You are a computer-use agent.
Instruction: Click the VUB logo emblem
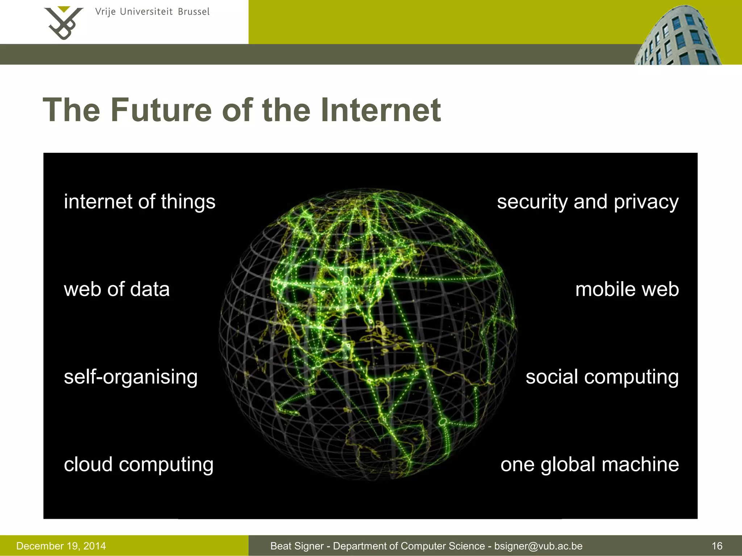(63, 22)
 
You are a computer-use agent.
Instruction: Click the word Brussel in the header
(193, 12)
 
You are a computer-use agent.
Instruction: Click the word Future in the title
(161, 110)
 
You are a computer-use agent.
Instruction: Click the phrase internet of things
(139, 202)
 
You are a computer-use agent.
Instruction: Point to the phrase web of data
(117, 289)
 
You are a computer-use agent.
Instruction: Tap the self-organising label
(130, 377)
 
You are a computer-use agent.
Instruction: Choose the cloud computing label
(138, 465)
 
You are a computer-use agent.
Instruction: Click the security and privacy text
(587, 202)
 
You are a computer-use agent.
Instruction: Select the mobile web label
(627, 289)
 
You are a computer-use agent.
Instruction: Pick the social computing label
(602, 377)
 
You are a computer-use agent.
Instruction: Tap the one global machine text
(589, 465)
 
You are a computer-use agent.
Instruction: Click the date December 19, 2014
(61, 546)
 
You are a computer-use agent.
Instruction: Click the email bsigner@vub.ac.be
(538, 546)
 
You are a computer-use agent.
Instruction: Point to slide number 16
(717, 546)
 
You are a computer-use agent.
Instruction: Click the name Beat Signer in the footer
(297, 546)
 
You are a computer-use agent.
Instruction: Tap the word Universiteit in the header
(146, 12)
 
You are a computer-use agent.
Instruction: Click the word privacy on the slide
(646, 202)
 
